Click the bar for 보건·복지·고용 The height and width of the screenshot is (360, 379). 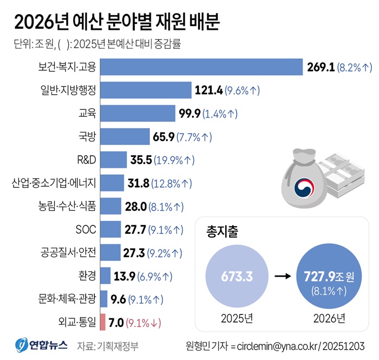(201, 67)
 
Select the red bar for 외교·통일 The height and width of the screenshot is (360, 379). (103, 323)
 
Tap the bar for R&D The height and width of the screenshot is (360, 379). (114, 160)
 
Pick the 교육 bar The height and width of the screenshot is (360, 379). (138, 113)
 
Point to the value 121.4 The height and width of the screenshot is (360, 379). (208, 90)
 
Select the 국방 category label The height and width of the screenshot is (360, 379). (87, 136)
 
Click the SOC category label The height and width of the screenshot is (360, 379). (84, 230)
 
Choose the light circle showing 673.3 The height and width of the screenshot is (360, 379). (237, 277)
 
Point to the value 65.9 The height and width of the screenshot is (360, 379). (163, 137)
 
